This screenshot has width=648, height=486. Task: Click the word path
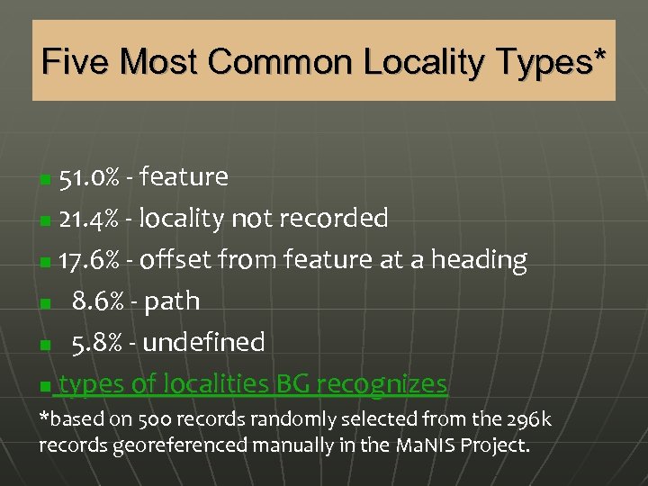point(170,301)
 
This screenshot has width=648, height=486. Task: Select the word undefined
point(203,342)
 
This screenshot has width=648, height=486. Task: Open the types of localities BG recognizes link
point(251,384)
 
